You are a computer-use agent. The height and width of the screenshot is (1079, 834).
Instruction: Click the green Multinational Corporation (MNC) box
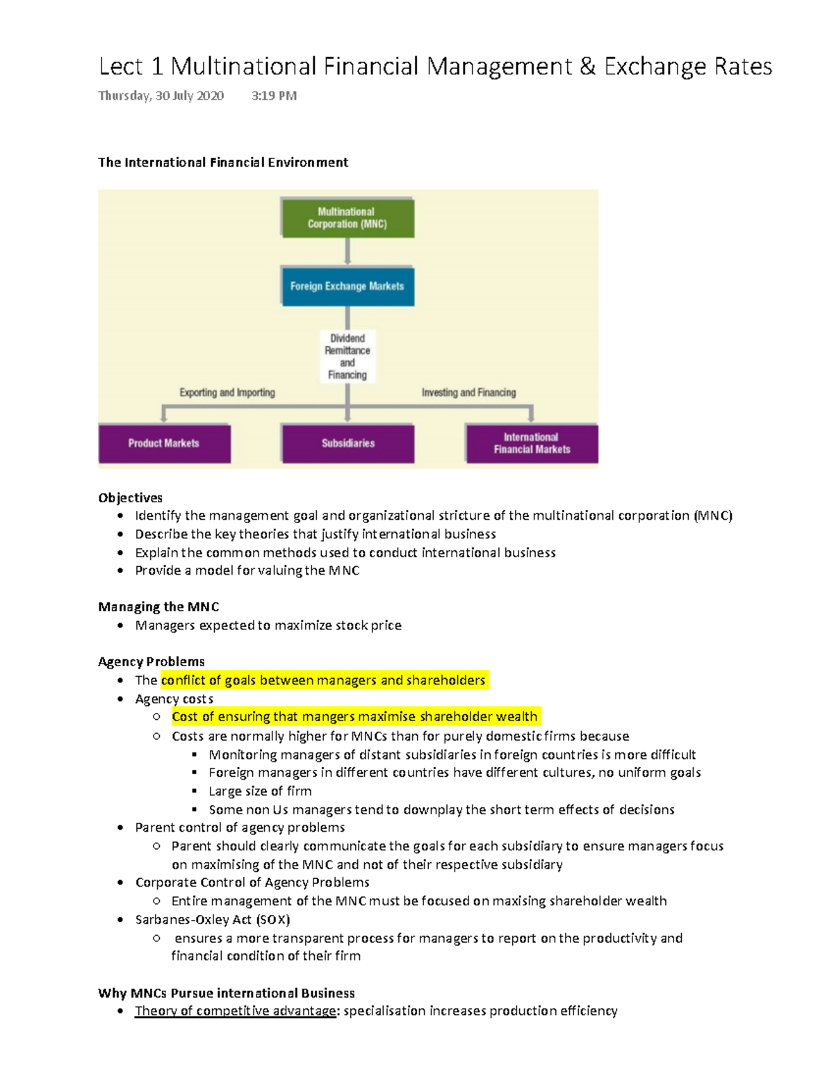pos(347,217)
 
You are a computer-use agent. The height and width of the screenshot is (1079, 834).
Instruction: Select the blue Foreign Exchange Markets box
pos(347,286)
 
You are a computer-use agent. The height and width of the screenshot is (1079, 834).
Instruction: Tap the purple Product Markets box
pos(164,443)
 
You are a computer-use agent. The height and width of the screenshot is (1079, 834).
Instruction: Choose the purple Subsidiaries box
pos(347,443)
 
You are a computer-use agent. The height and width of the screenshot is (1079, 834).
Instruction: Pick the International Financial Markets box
pos(532,443)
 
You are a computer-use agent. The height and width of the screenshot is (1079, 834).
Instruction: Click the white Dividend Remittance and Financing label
pos(347,356)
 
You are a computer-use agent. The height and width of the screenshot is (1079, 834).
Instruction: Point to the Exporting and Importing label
pos(227,393)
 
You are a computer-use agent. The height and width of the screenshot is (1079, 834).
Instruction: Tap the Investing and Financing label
pos(468,393)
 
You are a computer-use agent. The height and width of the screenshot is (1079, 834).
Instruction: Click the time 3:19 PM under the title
pos(274,96)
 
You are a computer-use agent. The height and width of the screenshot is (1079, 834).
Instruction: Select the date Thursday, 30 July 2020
pos(161,96)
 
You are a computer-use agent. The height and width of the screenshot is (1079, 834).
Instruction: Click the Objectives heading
pos(130,497)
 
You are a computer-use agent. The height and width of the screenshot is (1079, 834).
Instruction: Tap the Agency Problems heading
pos(152,661)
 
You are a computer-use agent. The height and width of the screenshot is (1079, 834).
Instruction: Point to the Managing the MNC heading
pos(158,607)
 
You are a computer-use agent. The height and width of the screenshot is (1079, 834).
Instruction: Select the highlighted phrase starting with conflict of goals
pos(323,680)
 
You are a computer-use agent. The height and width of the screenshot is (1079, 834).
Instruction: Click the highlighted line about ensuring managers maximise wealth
pos(354,716)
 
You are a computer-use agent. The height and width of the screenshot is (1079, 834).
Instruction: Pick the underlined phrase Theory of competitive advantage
pos(236,1011)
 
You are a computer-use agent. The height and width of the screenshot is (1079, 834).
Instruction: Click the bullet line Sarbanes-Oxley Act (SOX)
pos(212,919)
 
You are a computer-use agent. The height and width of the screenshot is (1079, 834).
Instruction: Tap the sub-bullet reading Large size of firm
pos(260,791)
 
